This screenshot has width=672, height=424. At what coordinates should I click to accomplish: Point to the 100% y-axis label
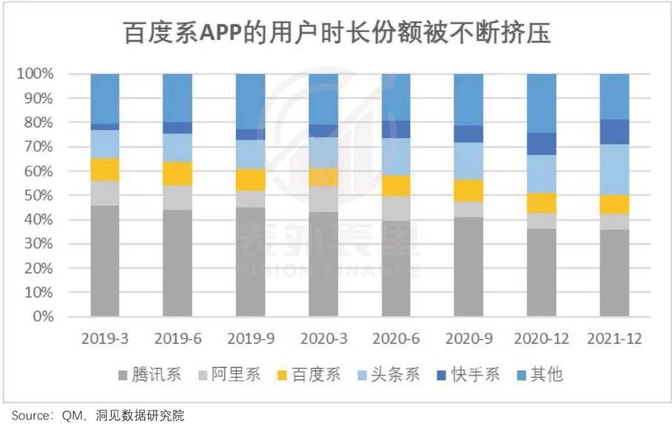pos(39,74)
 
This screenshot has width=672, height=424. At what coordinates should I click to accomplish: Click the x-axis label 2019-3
pos(105,339)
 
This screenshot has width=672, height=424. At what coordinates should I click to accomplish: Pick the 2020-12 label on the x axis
pos(541,339)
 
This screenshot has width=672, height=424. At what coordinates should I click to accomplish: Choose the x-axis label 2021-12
pos(614,339)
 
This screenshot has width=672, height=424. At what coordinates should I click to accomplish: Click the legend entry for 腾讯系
pos(149,375)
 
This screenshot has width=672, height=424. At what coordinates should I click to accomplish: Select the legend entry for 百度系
pos(309,375)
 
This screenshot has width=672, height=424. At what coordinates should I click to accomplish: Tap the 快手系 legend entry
pos(468,375)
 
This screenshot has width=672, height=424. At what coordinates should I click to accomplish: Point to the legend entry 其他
pos(539,375)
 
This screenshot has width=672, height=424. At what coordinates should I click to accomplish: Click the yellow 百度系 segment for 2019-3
pos(105,169)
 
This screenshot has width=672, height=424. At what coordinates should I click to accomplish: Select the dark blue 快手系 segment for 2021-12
pos(614,132)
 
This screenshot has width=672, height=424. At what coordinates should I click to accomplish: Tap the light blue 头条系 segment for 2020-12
pos(541,173)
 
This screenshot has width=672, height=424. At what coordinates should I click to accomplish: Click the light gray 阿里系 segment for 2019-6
pos(177,198)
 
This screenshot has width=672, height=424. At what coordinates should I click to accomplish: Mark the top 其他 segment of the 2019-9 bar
pos(250,101)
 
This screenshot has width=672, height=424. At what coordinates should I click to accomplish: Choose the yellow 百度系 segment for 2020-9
pos(469,190)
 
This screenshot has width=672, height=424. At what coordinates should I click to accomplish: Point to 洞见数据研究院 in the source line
pos(140,415)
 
